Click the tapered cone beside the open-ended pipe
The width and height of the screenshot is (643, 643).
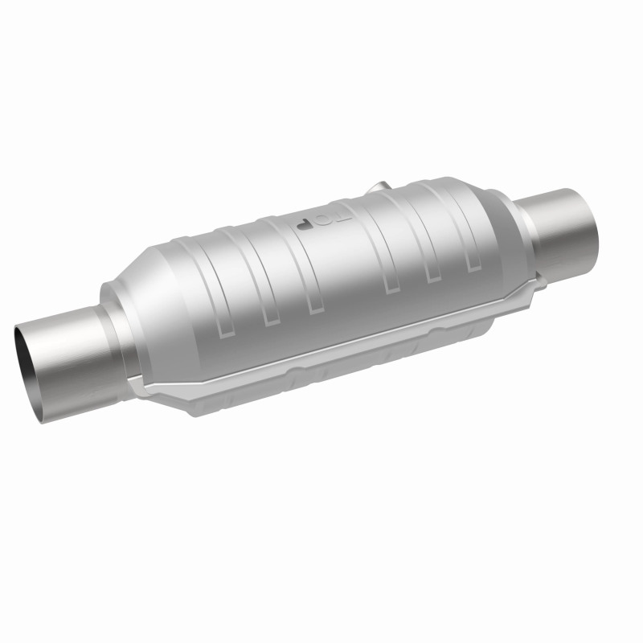[x=141, y=305]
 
